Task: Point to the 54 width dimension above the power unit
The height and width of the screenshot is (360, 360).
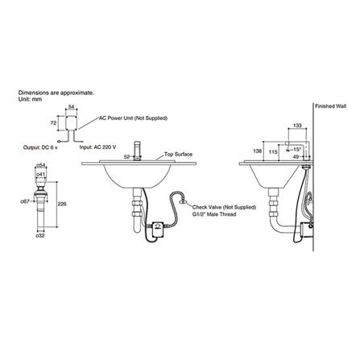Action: point(72,107)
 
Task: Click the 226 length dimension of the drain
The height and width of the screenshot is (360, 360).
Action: point(63,204)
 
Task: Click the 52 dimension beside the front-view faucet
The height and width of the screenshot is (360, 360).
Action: point(127,156)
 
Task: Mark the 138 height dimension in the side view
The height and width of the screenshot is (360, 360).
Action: point(258,151)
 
